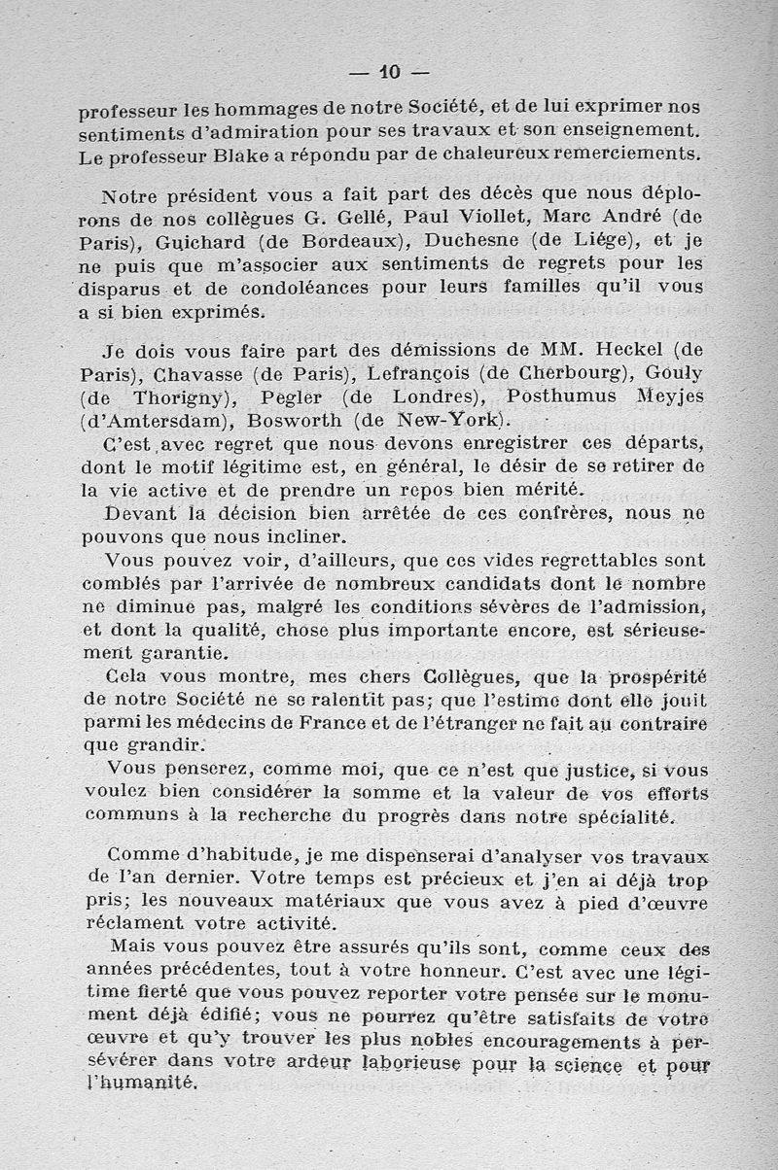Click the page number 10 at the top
390,71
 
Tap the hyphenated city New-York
453,421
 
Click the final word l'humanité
138,1084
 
